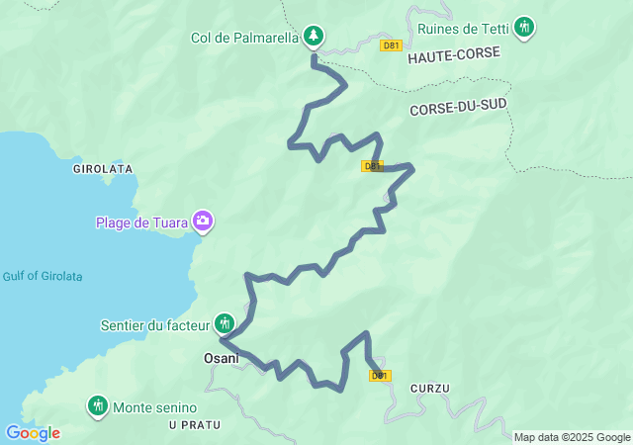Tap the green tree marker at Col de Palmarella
[x=314, y=37]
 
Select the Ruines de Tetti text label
[x=461, y=27]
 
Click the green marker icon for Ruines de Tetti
[x=525, y=27]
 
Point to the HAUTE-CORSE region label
[x=454, y=58]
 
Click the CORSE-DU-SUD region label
[x=457, y=111]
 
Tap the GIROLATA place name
[x=103, y=169]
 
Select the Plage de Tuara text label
[x=141, y=222]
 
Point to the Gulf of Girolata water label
[x=43, y=276]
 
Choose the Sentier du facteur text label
[x=155, y=324]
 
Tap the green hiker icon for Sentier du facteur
[x=226, y=323]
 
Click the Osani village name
[x=221, y=358]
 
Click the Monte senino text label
[x=155, y=407]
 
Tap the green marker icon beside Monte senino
[x=97, y=405]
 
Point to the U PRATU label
[x=195, y=424]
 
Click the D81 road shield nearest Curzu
[x=380, y=376]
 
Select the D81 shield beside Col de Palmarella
[x=392, y=45]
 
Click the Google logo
[x=33, y=433]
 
